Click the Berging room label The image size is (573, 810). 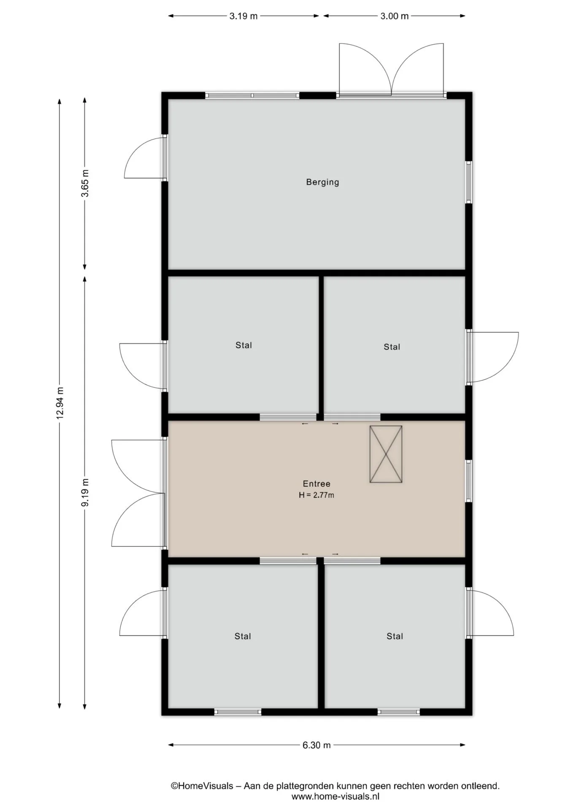coord(322,182)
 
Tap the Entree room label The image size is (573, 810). coord(316,483)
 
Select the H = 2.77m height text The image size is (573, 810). coord(316,495)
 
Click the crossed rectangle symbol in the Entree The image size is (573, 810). coord(386,454)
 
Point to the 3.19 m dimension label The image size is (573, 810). coord(243,16)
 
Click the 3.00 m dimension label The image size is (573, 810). coord(395,16)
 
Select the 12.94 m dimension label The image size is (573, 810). coord(60,403)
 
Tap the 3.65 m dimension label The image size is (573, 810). coord(85,183)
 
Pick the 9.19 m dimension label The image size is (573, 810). coord(85,492)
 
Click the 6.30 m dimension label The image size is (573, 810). coord(316,745)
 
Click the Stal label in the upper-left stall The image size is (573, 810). coord(243,345)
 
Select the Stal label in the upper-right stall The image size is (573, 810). coord(392,347)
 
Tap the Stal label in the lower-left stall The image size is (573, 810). coord(243,636)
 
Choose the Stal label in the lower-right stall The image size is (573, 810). coord(395,636)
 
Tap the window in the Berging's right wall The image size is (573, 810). coord(468,182)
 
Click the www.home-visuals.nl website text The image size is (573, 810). coord(335,797)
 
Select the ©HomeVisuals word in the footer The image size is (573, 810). coord(202,786)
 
